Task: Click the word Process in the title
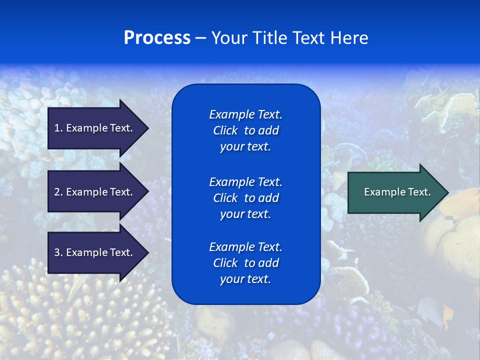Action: [157, 38]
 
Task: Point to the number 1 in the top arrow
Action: [57, 128]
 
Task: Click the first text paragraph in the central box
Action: [245, 130]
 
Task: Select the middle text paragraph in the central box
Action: [245, 198]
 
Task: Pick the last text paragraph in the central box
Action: [245, 263]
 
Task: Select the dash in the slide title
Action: [200, 38]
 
